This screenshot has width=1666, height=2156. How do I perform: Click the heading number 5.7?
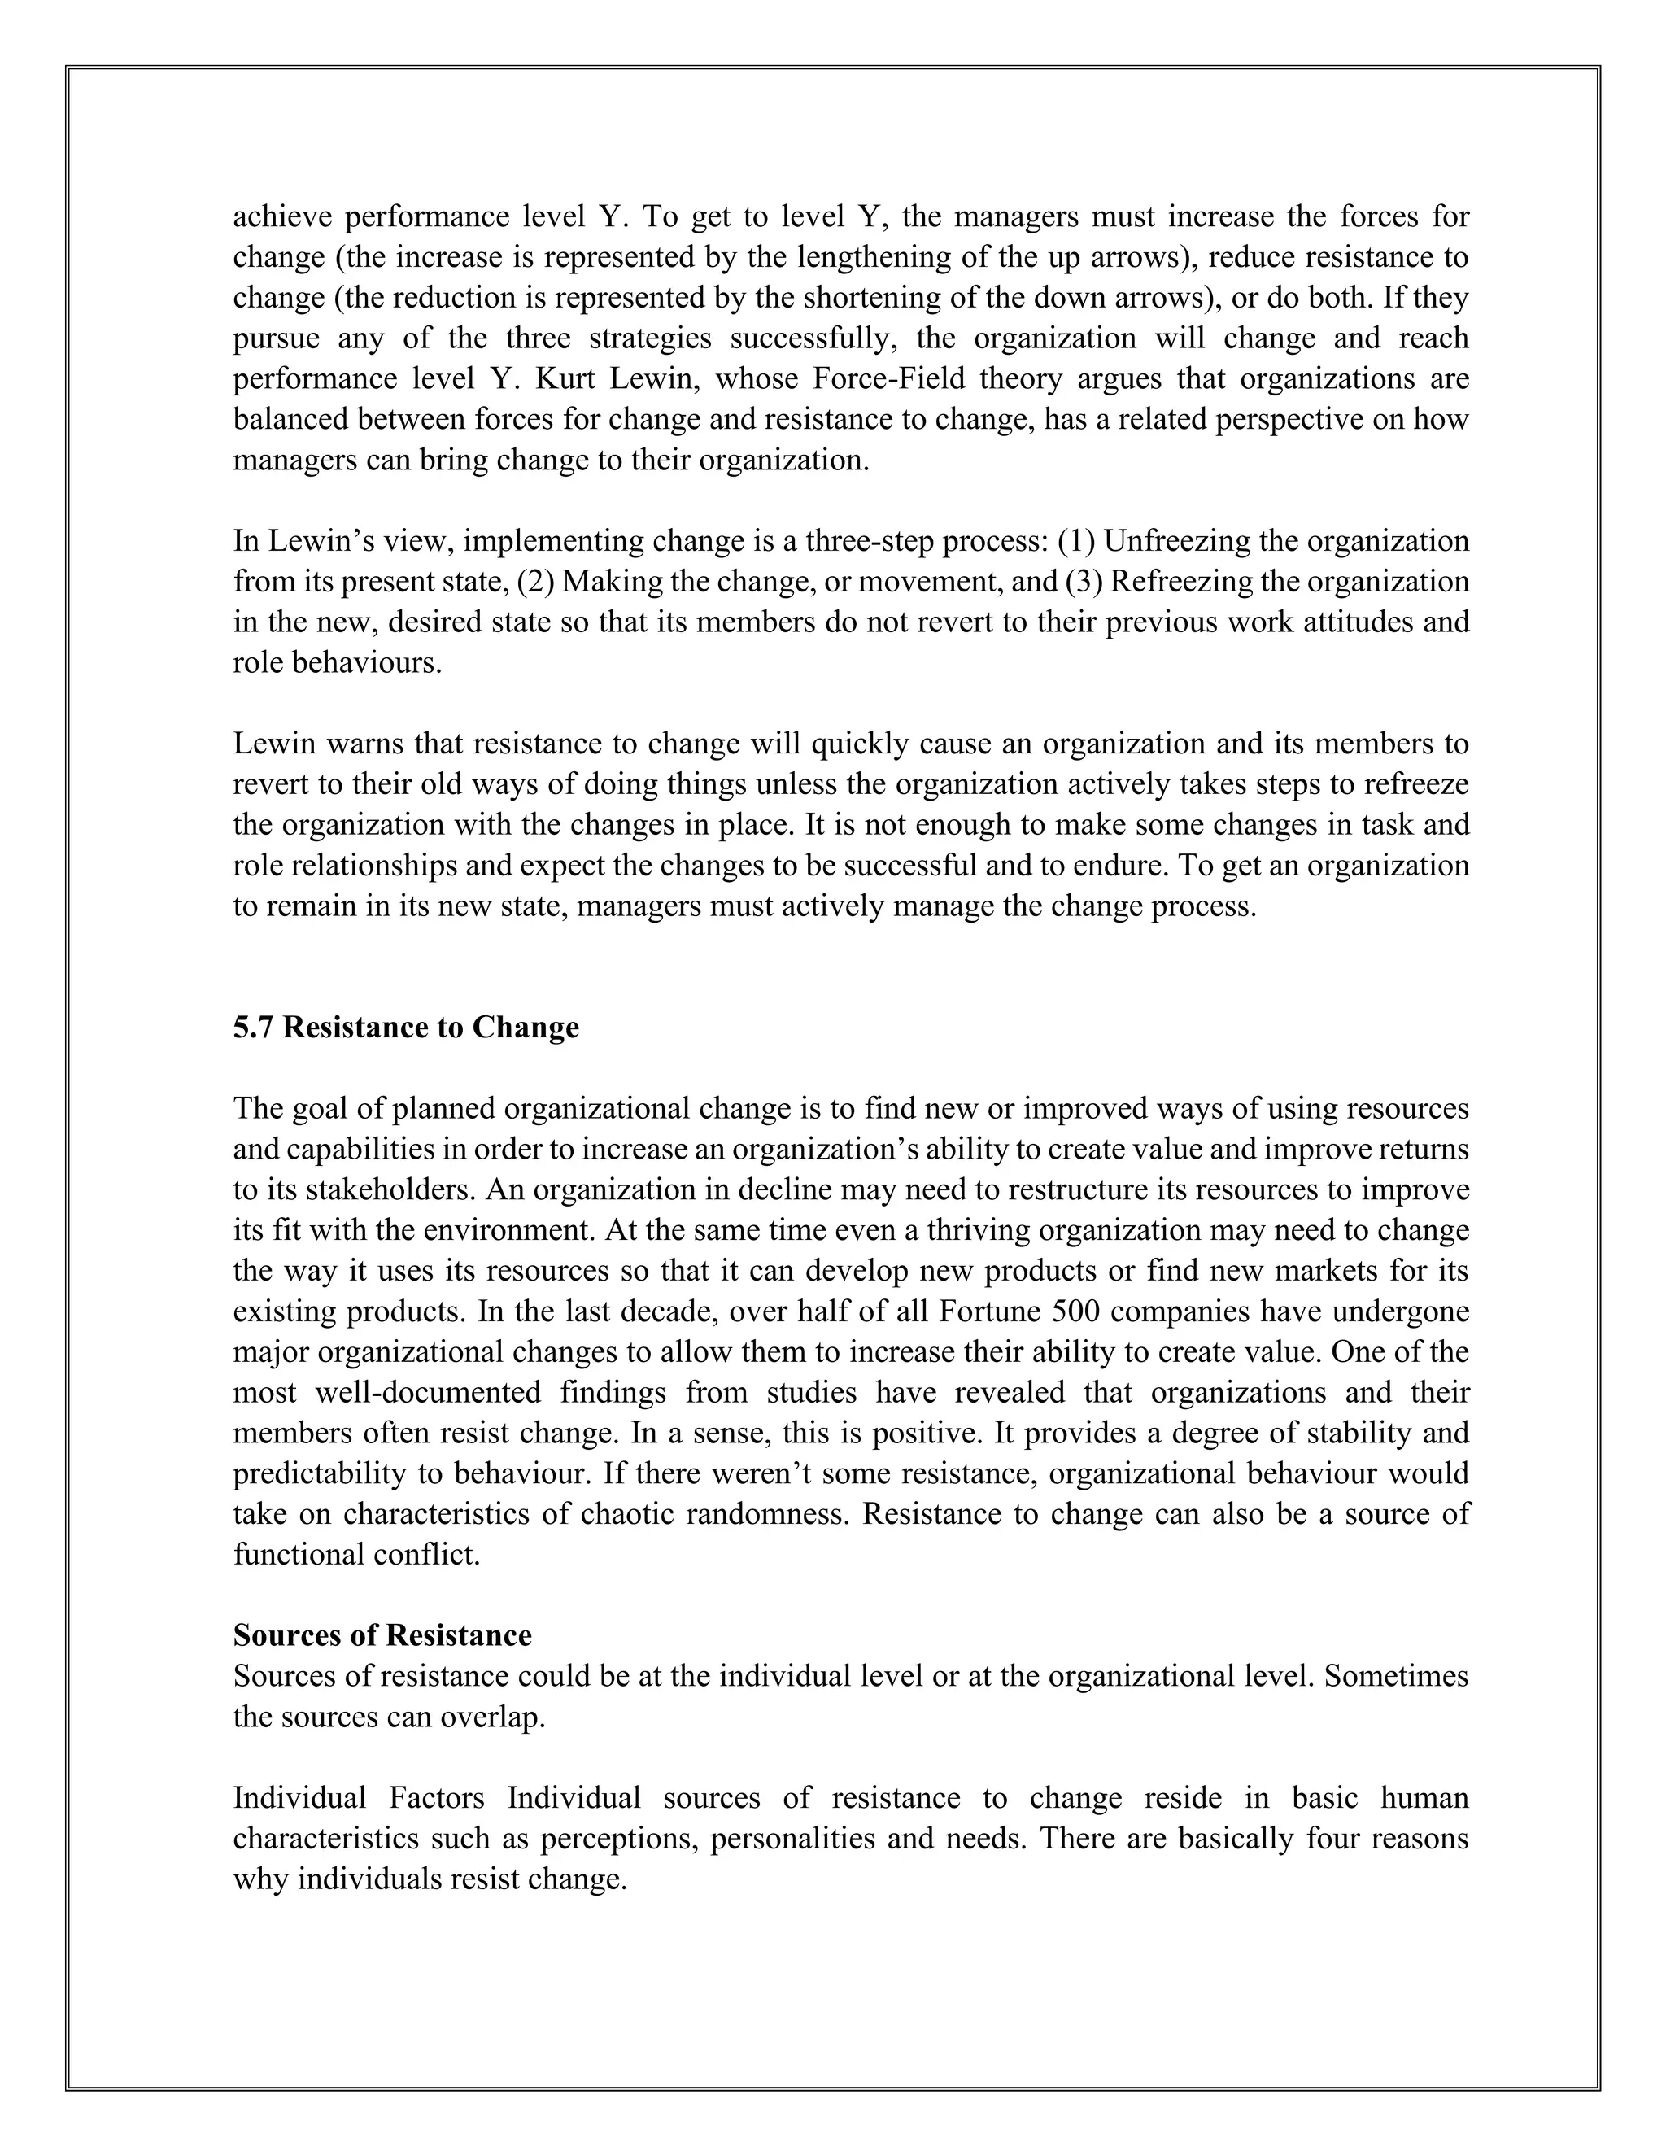[x=254, y=1028]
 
